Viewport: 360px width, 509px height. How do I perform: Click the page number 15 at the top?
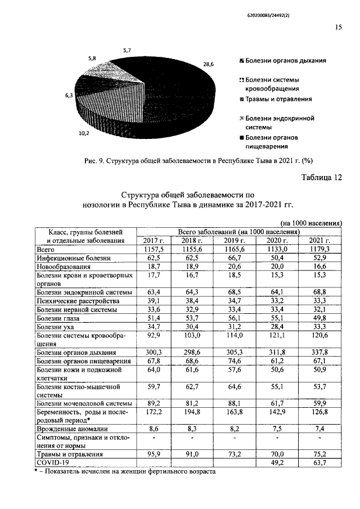point(338,26)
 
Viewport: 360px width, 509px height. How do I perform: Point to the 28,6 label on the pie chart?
point(208,65)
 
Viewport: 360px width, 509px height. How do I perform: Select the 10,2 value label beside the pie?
point(83,134)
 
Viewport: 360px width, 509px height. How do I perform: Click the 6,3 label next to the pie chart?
point(69,96)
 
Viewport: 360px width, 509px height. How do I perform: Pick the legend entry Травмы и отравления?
point(275,99)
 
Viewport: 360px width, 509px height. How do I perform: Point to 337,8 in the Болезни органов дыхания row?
point(320,353)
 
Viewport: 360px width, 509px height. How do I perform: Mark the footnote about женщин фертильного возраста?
point(124,472)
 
